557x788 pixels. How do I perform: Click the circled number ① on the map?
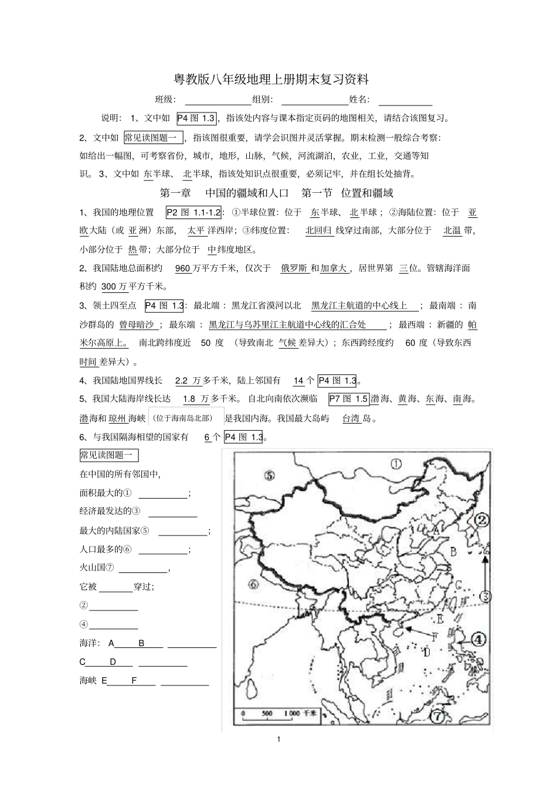click(396, 464)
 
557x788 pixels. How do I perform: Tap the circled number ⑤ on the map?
click(269, 475)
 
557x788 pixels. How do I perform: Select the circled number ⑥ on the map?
click(254, 584)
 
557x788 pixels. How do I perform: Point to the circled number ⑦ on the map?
click(437, 716)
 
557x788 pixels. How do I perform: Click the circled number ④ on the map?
click(478, 640)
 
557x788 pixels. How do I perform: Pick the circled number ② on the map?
click(481, 520)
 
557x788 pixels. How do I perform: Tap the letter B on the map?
click(453, 551)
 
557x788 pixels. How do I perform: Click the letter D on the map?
click(427, 652)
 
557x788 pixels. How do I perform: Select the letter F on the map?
click(434, 636)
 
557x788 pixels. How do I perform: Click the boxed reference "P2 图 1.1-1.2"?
click(193, 213)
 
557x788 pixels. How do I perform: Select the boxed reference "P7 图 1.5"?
click(348, 399)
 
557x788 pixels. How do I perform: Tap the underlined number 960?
click(183, 268)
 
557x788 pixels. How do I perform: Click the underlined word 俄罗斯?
click(294, 268)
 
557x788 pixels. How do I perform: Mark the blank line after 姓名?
click(405, 101)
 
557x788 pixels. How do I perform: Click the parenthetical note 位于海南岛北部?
click(187, 418)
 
